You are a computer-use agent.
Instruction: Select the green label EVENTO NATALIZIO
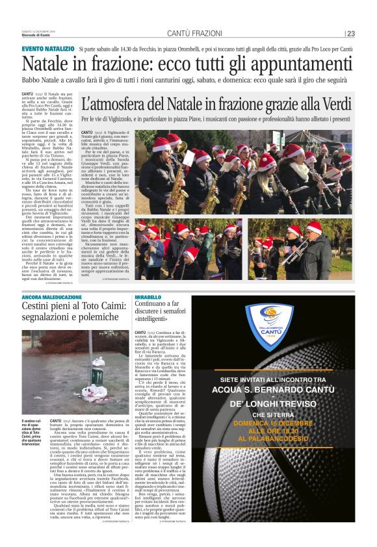tap(47, 49)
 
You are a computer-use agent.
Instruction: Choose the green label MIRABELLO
tap(148, 296)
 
